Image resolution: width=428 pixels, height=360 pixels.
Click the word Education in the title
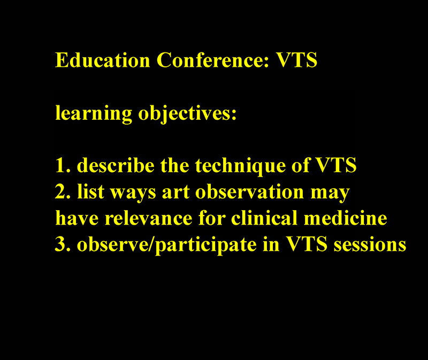(103, 60)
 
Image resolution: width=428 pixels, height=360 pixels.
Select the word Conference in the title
(213, 60)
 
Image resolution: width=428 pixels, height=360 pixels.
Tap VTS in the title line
(297, 60)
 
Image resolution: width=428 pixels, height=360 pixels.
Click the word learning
(94, 113)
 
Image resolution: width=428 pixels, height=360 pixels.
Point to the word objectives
(187, 113)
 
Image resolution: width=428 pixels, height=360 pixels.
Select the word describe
(116, 165)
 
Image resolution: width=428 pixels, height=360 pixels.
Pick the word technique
(240, 166)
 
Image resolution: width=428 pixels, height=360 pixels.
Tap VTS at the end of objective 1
(337, 165)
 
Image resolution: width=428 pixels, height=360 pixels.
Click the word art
(175, 192)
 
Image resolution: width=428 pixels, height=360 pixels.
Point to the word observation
(249, 192)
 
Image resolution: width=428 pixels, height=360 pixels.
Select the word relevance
(149, 218)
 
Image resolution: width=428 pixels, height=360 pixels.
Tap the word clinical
(264, 218)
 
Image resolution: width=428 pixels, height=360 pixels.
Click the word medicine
(345, 218)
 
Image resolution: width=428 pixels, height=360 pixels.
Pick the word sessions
(370, 244)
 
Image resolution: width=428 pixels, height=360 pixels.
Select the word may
(330, 194)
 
